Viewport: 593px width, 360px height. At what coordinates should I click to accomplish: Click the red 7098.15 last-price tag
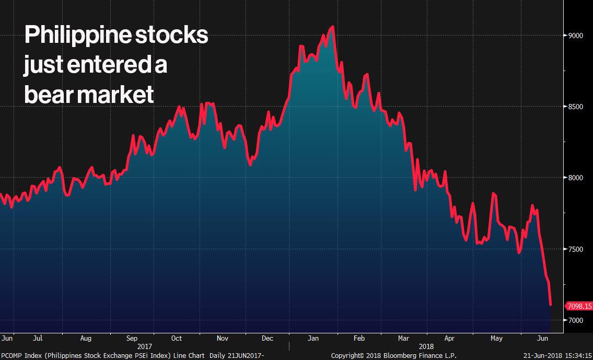pos(579,306)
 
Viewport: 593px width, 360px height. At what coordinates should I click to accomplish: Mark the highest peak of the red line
pos(333,27)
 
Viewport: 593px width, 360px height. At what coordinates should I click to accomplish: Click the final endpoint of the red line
pos(551,305)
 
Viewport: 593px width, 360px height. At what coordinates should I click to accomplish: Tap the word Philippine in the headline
pos(77,36)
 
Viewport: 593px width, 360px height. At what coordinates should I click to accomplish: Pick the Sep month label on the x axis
pos(132,338)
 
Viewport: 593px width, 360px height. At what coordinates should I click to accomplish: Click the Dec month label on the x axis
pos(268,338)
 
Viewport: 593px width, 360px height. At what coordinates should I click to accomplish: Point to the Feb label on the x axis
pos(359,338)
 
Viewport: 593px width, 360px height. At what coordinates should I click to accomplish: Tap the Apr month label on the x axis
pos(449,338)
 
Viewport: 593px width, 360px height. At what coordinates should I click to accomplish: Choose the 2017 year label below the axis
pos(145,346)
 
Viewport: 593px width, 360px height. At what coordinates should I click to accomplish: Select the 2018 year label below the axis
pos(426,346)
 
